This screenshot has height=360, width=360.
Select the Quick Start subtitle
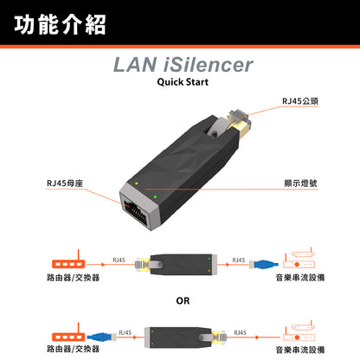[183, 84]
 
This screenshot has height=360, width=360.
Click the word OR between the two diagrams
[183, 303]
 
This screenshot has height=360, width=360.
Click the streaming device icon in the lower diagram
[299, 334]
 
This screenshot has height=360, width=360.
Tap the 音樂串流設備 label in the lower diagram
[299, 350]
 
